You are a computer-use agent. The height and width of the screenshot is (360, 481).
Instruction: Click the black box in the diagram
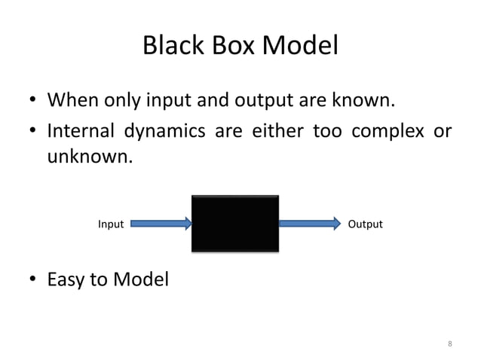(235, 224)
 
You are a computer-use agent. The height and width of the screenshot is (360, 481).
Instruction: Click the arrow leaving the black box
(310, 224)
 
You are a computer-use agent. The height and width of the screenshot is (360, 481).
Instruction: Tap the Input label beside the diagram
(111, 224)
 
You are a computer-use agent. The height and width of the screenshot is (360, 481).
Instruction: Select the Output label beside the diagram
(365, 224)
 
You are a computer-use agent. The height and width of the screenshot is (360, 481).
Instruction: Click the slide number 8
(450, 344)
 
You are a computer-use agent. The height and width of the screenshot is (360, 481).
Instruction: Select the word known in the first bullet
(367, 100)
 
